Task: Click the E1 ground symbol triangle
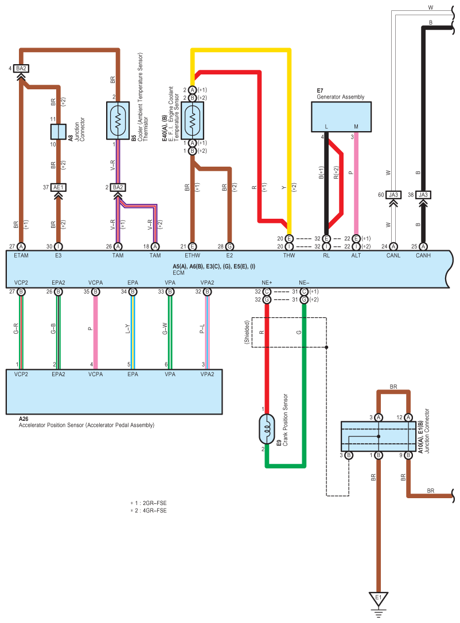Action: pyautogui.click(x=378, y=599)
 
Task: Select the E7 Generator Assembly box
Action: pyautogui.click(x=341, y=116)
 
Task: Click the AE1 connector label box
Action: pyautogui.click(x=58, y=187)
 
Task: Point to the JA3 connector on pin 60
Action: pyautogui.click(x=393, y=195)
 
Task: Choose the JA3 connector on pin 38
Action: pyautogui.click(x=423, y=195)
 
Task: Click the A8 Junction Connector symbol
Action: pyautogui.click(x=58, y=131)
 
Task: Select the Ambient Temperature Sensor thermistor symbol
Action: pyautogui.click(x=118, y=121)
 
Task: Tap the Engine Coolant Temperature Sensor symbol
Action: pyautogui.click(x=192, y=120)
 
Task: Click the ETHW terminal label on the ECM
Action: pyautogui.click(x=193, y=255)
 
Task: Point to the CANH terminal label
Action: pyautogui.click(x=423, y=255)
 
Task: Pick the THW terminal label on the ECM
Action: pyautogui.click(x=289, y=255)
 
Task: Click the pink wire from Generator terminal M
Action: pyautogui.click(x=356, y=183)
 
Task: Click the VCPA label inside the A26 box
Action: pyautogui.click(x=95, y=374)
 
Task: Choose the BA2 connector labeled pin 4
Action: pyautogui.click(x=21, y=69)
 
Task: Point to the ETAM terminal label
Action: pyautogui.click(x=21, y=255)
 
